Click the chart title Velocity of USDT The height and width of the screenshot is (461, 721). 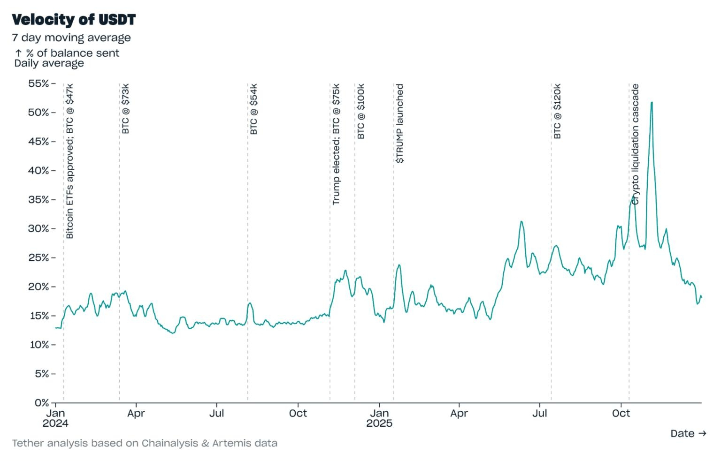(x=74, y=20)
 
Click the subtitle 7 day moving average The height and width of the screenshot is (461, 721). (x=71, y=38)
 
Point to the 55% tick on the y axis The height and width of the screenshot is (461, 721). (x=39, y=83)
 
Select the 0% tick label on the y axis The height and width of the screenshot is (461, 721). (x=42, y=403)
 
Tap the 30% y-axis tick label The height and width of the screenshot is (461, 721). (x=39, y=229)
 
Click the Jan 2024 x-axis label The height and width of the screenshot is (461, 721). (x=55, y=418)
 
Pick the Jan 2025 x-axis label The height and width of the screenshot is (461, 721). (x=379, y=418)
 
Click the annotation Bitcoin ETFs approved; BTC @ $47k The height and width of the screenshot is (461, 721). (x=70, y=161)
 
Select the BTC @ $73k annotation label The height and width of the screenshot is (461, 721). (x=125, y=109)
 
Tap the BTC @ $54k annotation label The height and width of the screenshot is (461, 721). (x=254, y=109)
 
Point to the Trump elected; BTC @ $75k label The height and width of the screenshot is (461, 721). (x=336, y=144)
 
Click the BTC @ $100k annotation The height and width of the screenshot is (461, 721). (x=361, y=111)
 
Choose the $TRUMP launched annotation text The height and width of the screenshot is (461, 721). (x=399, y=123)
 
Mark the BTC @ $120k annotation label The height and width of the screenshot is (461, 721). (x=557, y=111)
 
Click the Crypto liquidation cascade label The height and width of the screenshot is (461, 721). (x=635, y=144)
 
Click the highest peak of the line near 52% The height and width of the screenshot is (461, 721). (x=652, y=103)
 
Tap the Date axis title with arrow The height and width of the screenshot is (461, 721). (x=688, y=433)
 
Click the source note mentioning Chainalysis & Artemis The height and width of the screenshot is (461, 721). (x=145, y=443)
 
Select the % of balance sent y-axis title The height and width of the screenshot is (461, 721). (x=67, y=53)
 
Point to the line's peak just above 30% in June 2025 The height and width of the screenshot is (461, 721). (x=522, y=221)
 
